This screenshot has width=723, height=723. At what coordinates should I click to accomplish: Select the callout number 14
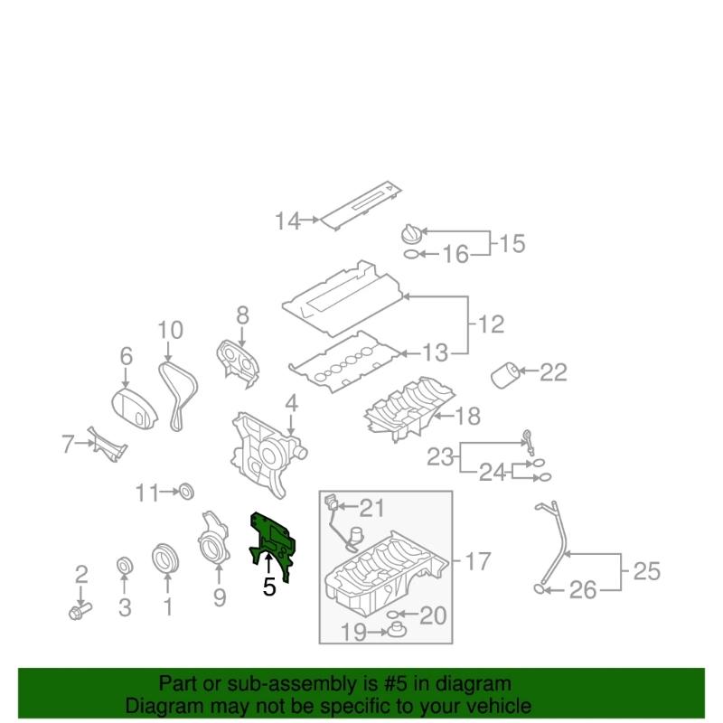pos(287,221)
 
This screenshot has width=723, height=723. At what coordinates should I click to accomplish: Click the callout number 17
pos(478,561)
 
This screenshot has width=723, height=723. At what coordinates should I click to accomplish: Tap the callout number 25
pos(647,571)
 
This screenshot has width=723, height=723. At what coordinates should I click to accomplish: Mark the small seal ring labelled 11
pos(187,492)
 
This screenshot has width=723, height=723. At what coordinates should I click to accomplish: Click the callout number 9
pos(219,596)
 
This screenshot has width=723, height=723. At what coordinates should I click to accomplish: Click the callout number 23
pos(439,458)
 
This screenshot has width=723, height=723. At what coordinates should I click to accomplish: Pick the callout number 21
pos(371,507)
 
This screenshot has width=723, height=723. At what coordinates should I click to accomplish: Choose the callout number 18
pos(468,417)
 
